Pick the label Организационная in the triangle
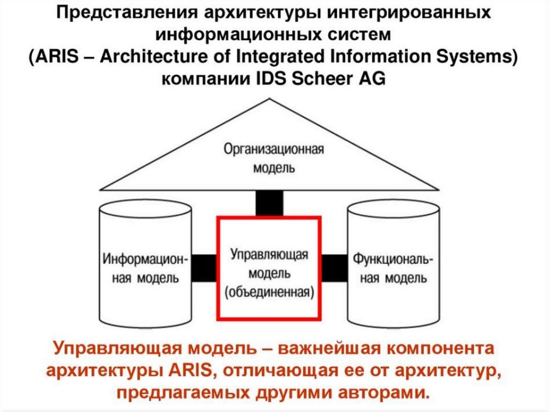pyautogui.click(x=273, y=149)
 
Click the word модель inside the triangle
pyautogui.click(x=274, y=167)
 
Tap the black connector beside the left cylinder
pyautogui.click(x=204, y=267)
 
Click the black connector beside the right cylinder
pyautogui.click(x=334, y=267)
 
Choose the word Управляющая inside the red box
pyautogui.click(x=269, y=254)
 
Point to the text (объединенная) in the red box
pyautogui.click(x=269, y=293)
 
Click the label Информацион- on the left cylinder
pyautogui.click(x=145, y=259)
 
